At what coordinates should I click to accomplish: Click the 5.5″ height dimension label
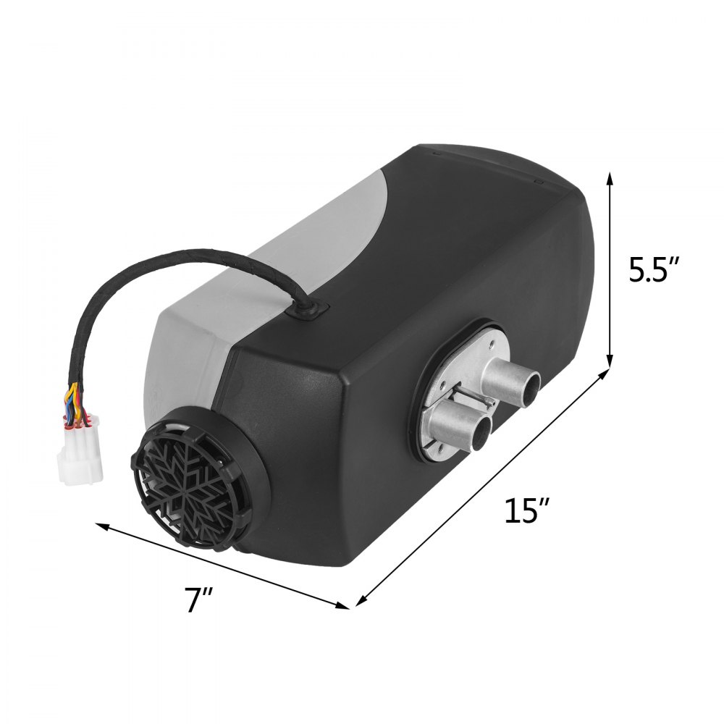653,270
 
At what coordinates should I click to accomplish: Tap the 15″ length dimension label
523,511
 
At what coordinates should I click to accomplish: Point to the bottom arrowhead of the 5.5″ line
610,363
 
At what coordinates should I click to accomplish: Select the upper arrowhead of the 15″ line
605,373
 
